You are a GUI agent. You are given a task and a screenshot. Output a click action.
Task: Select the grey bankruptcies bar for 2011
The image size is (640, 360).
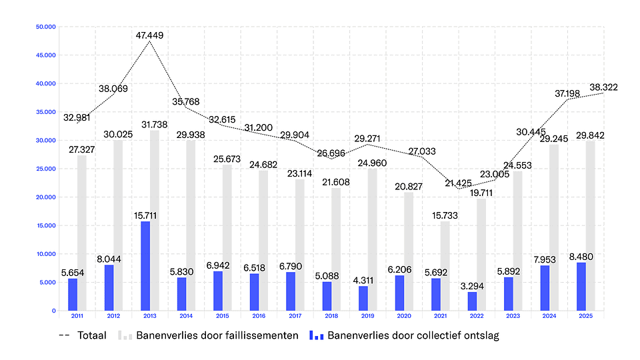[x=82, y=233]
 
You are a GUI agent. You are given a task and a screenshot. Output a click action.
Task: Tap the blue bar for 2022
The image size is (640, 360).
[x=472, y=301]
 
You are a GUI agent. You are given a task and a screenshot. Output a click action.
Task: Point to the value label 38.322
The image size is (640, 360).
[x=604, y=87]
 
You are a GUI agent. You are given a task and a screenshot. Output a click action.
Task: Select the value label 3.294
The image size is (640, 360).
[x=473, y=286]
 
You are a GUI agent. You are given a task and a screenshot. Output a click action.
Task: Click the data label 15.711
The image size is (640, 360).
[x=145, y=215]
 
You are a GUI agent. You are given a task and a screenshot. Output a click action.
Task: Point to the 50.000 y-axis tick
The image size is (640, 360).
[x=46, y=27]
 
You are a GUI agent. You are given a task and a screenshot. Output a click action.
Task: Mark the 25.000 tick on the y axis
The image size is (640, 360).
[x=46, y=169]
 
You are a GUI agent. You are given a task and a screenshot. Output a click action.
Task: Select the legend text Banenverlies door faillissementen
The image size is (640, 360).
[x=217, y=336]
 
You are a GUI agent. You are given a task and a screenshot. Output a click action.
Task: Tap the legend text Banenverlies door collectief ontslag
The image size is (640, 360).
[x=413, y=336]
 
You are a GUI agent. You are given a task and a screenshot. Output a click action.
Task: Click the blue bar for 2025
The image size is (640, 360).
[x=581, y=287]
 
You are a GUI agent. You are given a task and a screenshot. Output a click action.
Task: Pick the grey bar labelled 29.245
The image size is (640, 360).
[x=554, y=227]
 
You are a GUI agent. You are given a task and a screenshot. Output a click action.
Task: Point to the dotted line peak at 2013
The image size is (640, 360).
[x=149, y=42]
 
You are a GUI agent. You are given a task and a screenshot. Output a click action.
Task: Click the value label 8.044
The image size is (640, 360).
[x=109, y=259]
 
